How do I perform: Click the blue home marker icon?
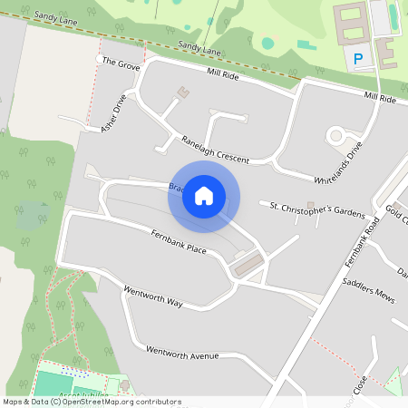click(204, 196)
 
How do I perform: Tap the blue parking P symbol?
click(358, 60)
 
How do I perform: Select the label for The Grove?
click(121, 63)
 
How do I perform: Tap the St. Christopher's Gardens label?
click(317, 209)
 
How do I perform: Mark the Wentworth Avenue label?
click(182, 353)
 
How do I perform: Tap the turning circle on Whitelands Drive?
click(336, 136)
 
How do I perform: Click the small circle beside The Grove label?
click(100, 59)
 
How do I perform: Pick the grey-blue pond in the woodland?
click(34, 216)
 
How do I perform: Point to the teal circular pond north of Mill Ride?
click(267, 43)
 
